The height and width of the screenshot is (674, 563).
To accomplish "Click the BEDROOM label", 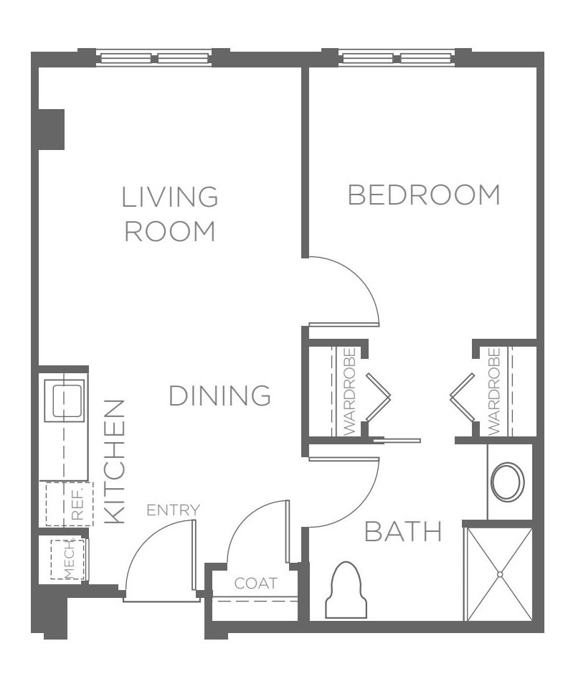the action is pyautogui.click(x=424, y=195).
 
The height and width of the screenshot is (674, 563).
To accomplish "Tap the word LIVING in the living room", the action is pyautogui.click(x=170, y=197).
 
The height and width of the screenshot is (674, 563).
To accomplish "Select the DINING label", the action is pyautogui.click(x=220, y=395).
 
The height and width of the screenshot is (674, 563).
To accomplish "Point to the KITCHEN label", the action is pyautogui.click(x=115, y=462).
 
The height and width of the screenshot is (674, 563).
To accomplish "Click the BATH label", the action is pyautogui.click(x=403, y=531).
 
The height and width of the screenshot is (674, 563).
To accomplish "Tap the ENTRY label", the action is pyautogui.click(x=174, y=510).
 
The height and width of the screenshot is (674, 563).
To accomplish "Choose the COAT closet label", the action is pyautogui.click(x=256, y=584).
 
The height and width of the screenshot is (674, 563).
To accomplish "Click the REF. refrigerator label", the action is pyautogui.click(x=77, y=504).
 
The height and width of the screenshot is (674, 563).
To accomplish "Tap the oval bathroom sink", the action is pyautogui.click(x=508, y=482).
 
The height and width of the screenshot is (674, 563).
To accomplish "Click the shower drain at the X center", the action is pyautogui.click(x=500, y=574).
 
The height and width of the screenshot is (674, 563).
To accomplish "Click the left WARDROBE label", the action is pyautogui.click(x=350, y=391).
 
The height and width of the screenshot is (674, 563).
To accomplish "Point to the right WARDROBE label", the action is pyautogui.click(x=494, y=391).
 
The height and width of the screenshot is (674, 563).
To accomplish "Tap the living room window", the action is pyautogui.click(x=154, y=57).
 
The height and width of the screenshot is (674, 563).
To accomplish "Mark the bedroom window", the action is pyautogui.click(x=397, y=57).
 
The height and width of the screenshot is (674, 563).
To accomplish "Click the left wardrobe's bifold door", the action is pyautogui.click(x=378, y=397).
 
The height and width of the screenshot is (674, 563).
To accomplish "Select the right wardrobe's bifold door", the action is pyautogui.click(x=463, y=397).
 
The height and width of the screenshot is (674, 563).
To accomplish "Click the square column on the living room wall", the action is pyautogui.click(x=52, y=129).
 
